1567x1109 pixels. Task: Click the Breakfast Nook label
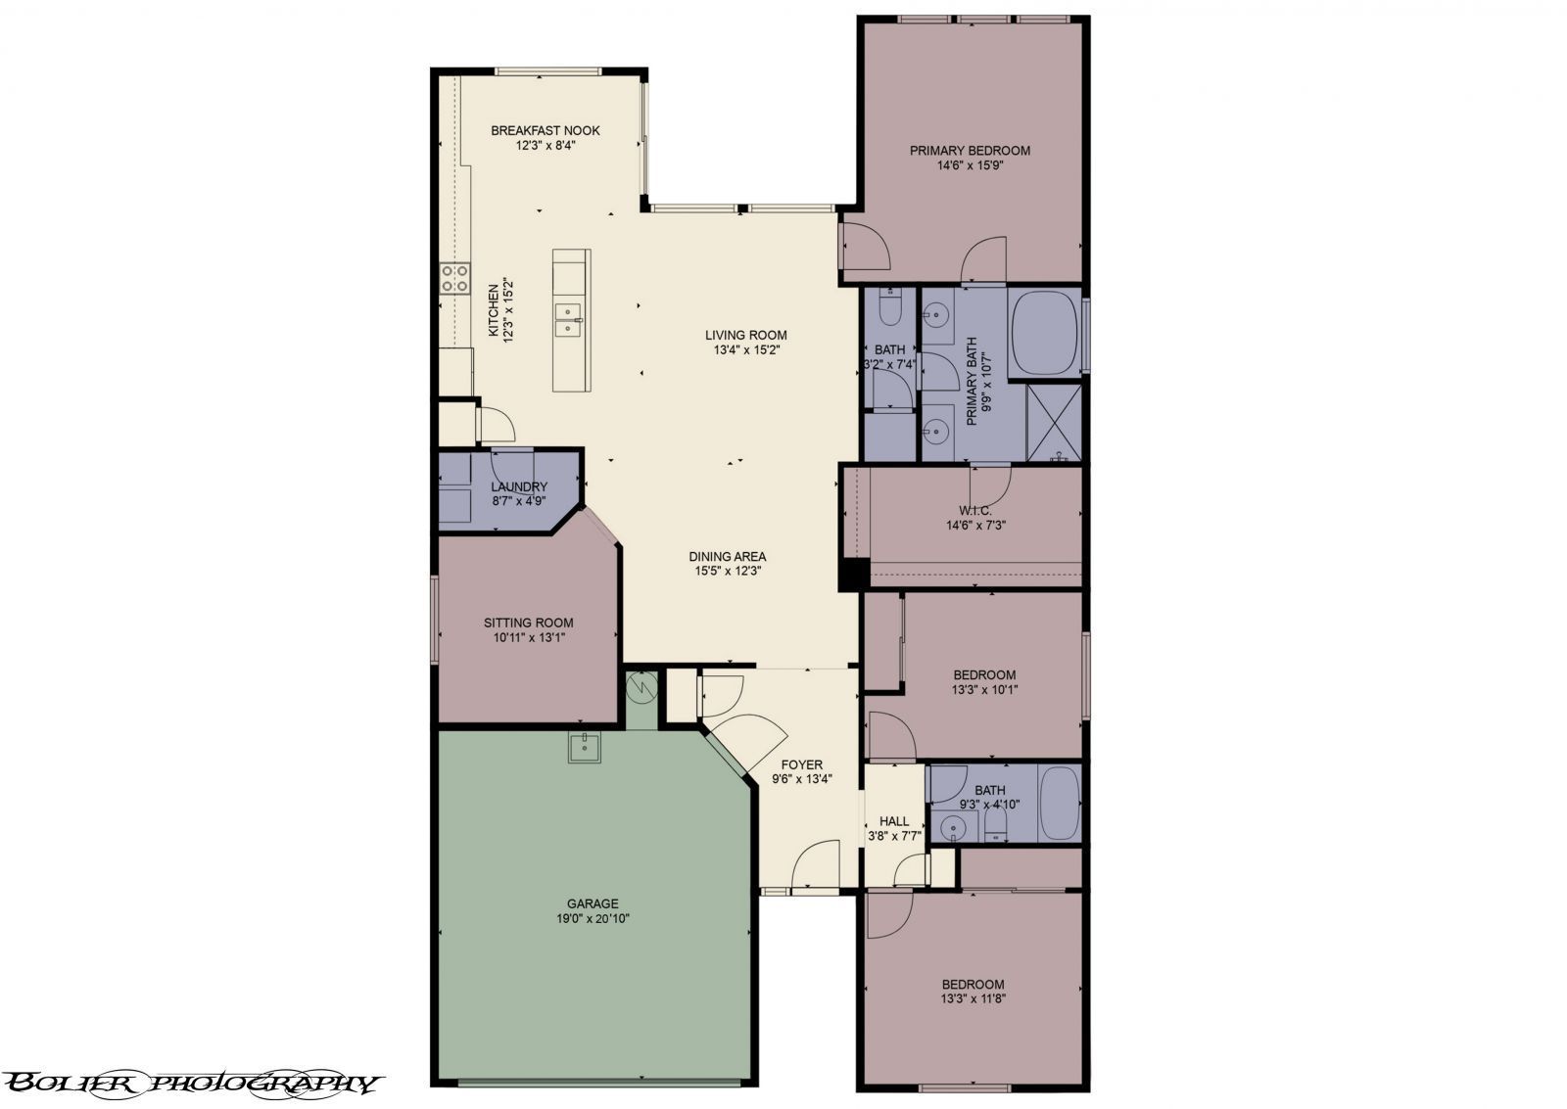545,130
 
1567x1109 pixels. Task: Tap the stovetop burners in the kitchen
454,279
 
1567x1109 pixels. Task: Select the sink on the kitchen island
568,319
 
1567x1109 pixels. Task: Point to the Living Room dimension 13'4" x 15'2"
745,349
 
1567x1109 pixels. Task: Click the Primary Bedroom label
970,151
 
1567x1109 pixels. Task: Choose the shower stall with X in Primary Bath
1054,422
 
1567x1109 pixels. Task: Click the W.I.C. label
975,511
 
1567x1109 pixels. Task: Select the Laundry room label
519,486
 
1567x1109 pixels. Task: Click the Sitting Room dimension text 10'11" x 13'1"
529,638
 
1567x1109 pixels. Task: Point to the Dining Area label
727,556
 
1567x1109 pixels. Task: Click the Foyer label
801,765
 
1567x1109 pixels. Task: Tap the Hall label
893,821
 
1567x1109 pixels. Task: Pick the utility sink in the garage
585,748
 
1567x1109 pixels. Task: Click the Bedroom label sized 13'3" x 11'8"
973,985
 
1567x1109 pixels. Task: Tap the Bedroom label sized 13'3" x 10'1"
984,674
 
